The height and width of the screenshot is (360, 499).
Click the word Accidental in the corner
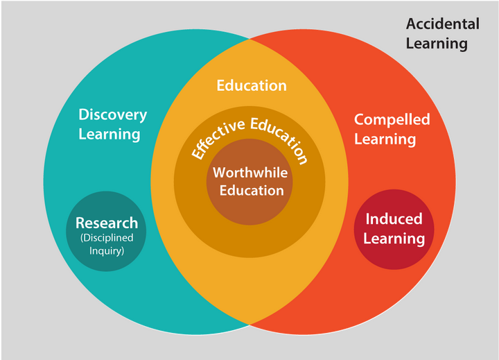(x=442, y=24)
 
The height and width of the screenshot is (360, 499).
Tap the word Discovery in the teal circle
(x=112, y=114)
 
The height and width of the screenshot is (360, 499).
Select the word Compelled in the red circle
(x=392, y=119)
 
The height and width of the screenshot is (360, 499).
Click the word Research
(x=107, y=223)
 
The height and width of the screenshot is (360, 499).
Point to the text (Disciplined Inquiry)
(x=107, y=243)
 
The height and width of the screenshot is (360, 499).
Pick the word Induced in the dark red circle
(x=394, y=219)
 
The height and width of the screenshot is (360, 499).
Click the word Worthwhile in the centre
(x=249, y=173)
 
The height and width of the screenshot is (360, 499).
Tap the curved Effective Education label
(x=249, y=136)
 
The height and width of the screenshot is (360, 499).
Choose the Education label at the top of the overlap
(x=252, y=85)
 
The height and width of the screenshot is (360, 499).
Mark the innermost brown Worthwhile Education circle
(x=249, y=208)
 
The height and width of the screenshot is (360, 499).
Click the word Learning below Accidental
(x=437, y=44)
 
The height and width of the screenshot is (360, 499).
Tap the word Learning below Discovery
(x=110, y=134)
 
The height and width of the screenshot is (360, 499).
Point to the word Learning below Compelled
(x=385, y=139)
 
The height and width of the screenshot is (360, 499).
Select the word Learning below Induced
(x=394, y=239)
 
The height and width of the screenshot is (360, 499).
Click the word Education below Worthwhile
(x=252, y=190)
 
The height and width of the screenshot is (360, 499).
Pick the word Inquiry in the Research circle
(x=107, y=250)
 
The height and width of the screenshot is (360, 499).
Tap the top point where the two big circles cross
(x=249, y=38)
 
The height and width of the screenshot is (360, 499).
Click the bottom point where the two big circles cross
(x=249, y=325)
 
